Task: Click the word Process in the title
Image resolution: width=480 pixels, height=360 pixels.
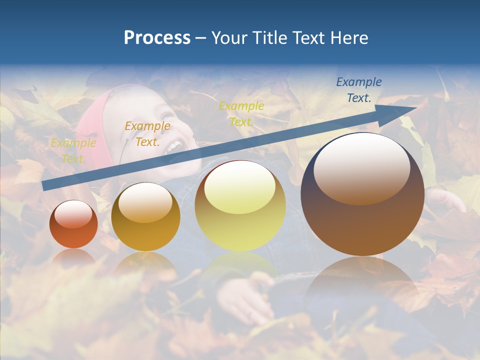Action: (x=157, y=38)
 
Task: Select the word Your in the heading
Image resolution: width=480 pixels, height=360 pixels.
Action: (x=229, y=38)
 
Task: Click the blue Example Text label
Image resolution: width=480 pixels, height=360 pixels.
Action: (x=358, y=90)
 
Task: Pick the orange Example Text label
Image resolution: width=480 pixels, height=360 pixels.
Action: (x=147, y=134)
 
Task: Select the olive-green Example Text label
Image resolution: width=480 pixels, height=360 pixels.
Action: (x=241, y=113)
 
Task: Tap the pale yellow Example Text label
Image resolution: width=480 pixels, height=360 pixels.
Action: (x=73, y=151)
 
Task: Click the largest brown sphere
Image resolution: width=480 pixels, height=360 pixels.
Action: (x=362, y=220)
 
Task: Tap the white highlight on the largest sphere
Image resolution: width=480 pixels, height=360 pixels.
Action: (x=362, y=167)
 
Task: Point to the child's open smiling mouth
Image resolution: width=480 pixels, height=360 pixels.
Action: (x=173, y=146)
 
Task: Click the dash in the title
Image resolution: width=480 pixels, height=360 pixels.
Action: (x=200, y=38)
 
